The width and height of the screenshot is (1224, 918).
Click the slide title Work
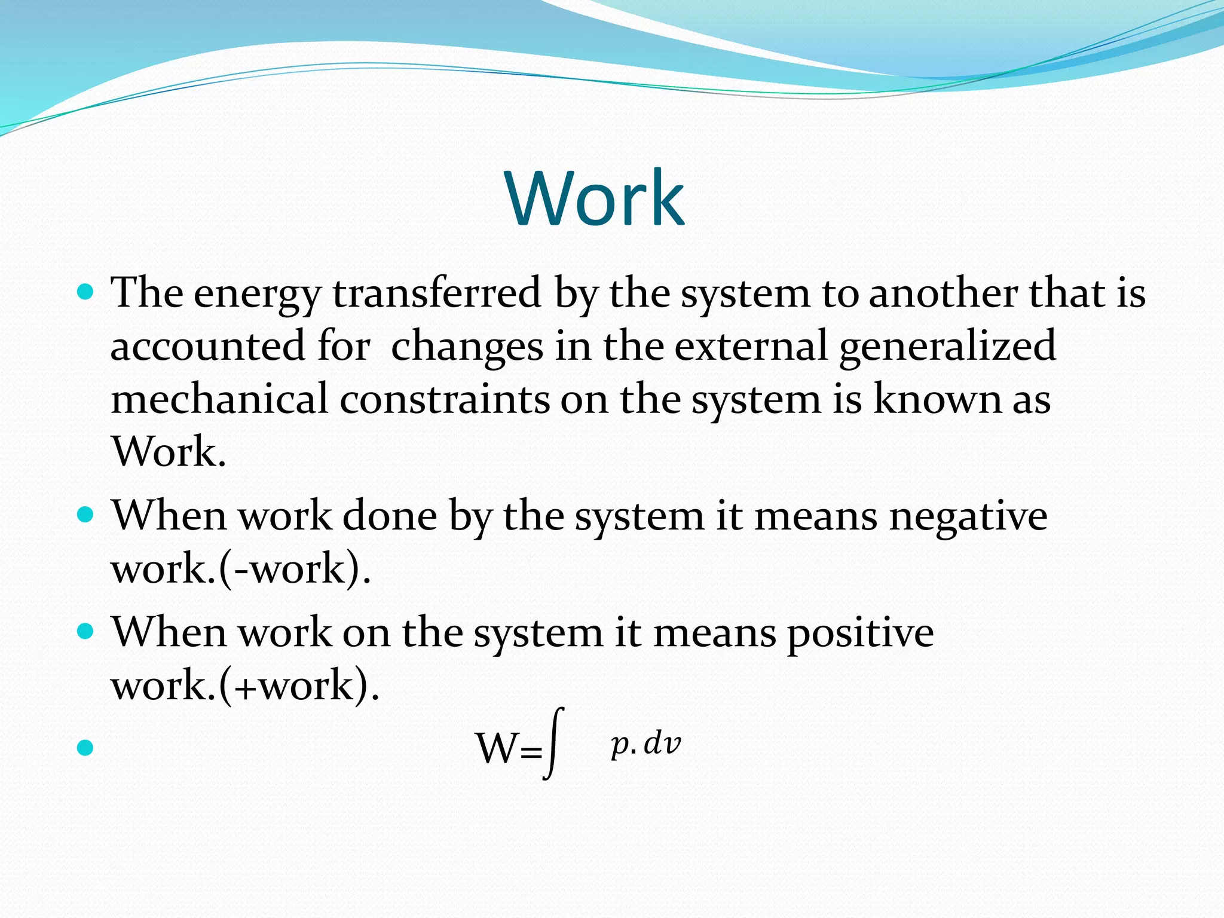click(595, 198)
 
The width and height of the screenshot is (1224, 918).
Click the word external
click(751, 347)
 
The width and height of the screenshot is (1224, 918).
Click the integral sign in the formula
click(554, 743)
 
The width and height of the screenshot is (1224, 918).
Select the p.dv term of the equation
click(645, 744)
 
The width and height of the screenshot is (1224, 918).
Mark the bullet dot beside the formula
click(85, 747)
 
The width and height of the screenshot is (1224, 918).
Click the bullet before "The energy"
click(86, 292)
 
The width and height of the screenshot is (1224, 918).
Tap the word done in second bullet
click(389, 516)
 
